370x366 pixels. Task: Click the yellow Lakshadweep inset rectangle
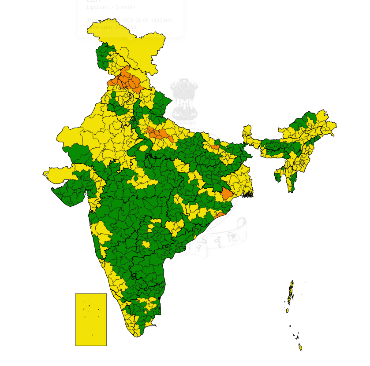[x=91, y=319]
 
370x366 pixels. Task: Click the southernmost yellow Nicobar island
[x=301, y=348]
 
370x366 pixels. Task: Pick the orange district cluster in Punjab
[x=126, y=81]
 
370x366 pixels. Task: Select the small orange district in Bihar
[x=215, y=147]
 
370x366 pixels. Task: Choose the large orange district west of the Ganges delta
[x=227, y=194]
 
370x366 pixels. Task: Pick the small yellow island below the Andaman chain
[x=287, y=311]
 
